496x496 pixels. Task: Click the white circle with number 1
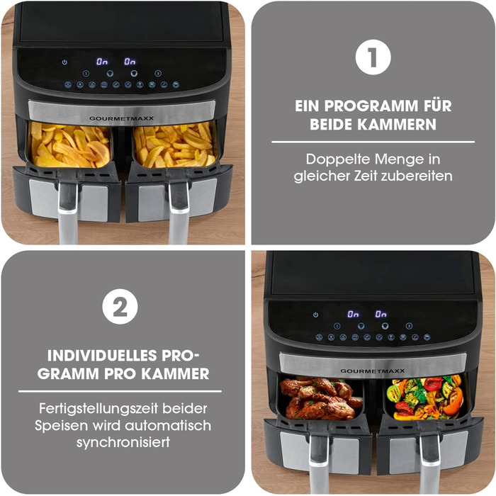click(x=373, y=59)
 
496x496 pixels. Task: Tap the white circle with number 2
click(x=120, y=307)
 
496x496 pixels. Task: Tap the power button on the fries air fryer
click(x=65, y=62)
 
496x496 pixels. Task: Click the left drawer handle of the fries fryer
click(x=69, y=209)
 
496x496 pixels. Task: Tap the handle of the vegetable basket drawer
click(x=430, y=461)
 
